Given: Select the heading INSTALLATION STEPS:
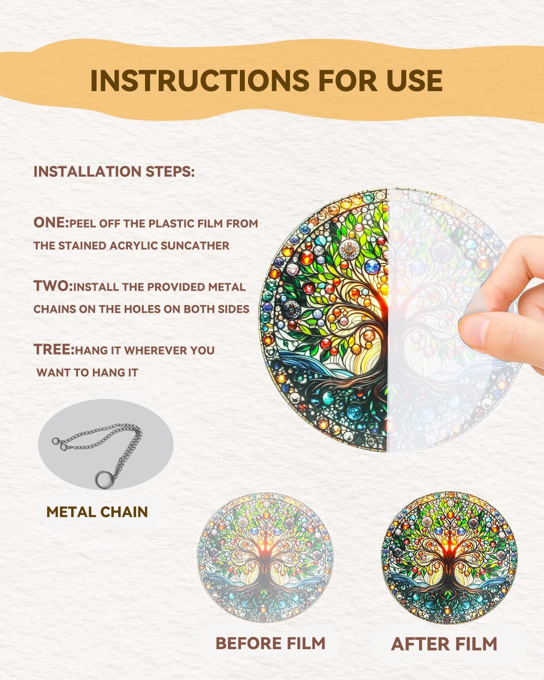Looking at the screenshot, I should (114, 172).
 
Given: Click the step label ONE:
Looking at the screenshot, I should (51, 223).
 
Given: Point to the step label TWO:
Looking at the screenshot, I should (53, 287).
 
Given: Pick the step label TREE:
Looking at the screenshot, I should (53, 350).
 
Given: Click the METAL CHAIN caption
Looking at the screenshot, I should (97, 512).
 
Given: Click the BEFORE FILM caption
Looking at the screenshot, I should (270, 643).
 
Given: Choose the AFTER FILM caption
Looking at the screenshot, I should (444, 644).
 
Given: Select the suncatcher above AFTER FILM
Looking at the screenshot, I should (449, 558).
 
